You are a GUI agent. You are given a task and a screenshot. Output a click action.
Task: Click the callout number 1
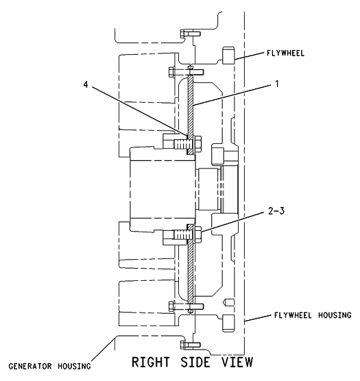pyautogui.click(x=276, y=84)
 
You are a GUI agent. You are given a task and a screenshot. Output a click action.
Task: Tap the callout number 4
pyautogui.click(x=86, y=84)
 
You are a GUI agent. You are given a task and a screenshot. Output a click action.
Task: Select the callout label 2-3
pyautogui.click(x=276, y=210)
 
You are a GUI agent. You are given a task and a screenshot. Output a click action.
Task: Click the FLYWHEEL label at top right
pyautogui.click(x=285, y=53)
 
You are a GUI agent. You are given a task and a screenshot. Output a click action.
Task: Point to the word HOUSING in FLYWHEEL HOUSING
pyautogui.click(x=335, y=315)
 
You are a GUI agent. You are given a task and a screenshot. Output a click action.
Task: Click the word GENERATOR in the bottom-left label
pyautogui.click(x=30, y=366)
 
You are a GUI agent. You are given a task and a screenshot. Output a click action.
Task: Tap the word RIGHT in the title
pyautogui.click(x=150, y=362)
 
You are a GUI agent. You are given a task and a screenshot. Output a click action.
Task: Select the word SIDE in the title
pyautogui.click(x=195, y=362)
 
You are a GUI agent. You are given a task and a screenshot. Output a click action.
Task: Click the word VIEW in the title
pyautogui.click(x=237, y=362)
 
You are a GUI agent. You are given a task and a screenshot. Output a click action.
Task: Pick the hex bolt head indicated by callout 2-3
pyautogui.click(x=198, y=234)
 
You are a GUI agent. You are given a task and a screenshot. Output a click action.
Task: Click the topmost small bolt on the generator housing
pyautogui.click(x=191, y=34)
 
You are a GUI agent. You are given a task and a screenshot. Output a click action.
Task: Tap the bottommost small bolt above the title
pyautogui.click(x=191, y=345)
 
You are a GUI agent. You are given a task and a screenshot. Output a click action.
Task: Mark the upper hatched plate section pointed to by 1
pyautogui.click(x=190, y=114)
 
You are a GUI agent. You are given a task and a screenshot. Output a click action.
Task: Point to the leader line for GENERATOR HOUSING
pyautogui.click(x=103, y=350)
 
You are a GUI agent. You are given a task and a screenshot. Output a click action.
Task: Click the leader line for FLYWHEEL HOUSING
pyautogui.click(x=258, y=319)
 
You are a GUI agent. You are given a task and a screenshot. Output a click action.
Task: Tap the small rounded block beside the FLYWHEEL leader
pyautogui.click(x=228, y=56)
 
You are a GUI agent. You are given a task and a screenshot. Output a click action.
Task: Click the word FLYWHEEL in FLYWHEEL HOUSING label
pyautogui.click(x=293, y=315)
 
